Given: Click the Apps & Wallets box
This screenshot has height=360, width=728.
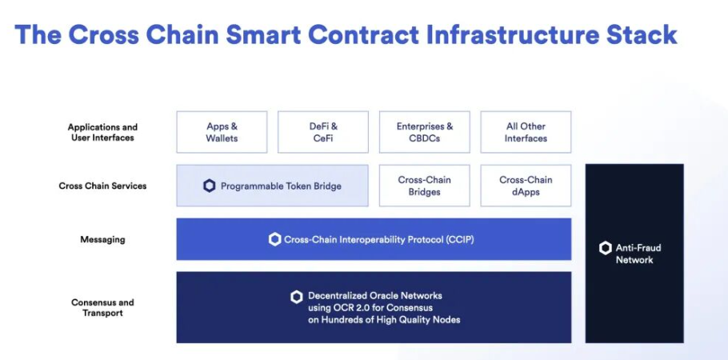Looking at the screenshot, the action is tap(222, 132).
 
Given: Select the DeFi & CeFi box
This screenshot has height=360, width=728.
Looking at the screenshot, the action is tap(323, 132).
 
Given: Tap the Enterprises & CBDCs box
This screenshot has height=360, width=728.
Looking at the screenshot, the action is tap(424, 132).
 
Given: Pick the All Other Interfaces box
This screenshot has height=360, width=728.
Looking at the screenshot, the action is tap(526, 132).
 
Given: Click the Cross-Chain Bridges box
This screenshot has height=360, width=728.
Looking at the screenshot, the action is tap(424, 186).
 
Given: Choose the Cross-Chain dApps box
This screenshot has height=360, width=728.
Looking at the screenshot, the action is tap(526, 186).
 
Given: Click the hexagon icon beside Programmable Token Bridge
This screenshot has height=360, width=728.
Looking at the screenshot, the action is tap(210, 186).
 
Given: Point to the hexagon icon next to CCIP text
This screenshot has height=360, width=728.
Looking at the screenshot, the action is tap(275, 240).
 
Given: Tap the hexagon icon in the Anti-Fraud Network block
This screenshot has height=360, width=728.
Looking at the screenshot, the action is tap(605, 248).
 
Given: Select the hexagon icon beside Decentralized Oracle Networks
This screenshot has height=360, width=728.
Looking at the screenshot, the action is tap(297, 298).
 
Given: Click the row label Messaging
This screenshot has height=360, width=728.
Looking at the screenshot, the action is tap(102, 240).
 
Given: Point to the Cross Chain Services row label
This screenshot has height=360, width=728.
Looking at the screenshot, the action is tap(102, 186).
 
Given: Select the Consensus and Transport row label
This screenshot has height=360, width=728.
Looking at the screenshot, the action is tap(102, 307).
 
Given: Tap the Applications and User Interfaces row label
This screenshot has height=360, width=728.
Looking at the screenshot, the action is tap(102, 132).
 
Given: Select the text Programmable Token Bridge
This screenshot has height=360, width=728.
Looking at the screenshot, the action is tap(281, 186).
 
